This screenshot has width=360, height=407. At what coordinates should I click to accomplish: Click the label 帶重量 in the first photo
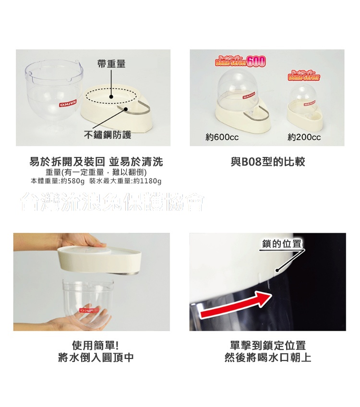coord(111,64)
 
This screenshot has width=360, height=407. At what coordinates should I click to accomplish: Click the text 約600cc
coord(222,138)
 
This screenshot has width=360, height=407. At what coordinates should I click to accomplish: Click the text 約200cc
coord(304,138)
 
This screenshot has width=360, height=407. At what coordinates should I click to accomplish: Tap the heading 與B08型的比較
coord(267,162)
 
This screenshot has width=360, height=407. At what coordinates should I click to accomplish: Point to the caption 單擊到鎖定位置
coord(268,346)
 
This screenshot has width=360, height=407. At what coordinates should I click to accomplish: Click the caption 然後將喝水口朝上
coord(268,358)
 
